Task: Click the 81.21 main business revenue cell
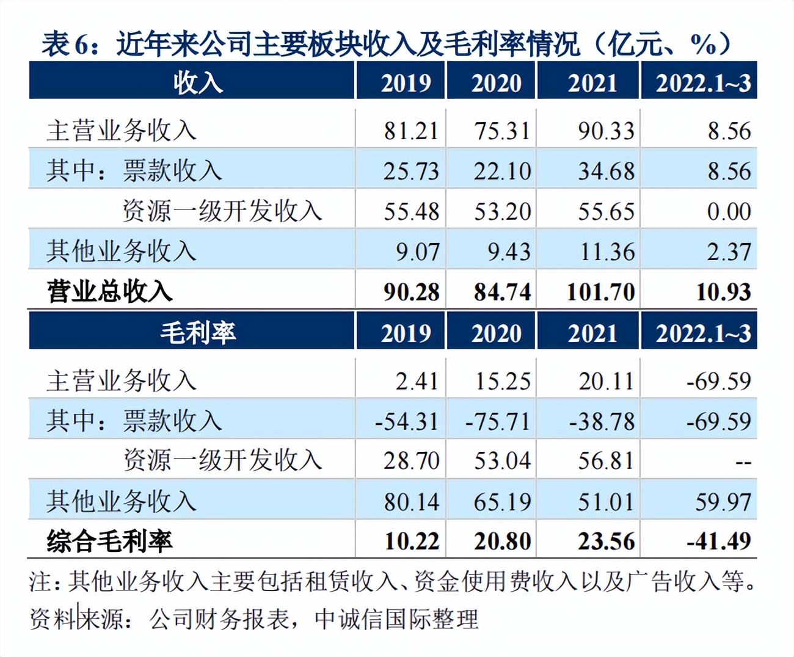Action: pyautogui.click(x=411, y=131)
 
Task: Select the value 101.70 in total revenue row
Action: pyautogui.click(x=600, y=292)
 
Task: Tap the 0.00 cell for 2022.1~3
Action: pyautogui.click(x=729, y=211)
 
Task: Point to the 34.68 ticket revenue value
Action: pyautogui.click(x=606, y=171)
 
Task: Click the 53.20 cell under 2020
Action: pyautogui.click(x=502, y=211)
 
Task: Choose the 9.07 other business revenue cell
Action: pyautogui.click(x=417, y=252)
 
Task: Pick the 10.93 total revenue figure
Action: pyautogui.click(x=723, y=292)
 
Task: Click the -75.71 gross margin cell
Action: pyautogui.click(x=497, y=421)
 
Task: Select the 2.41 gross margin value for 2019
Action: pyautogui.click(x=417, y=381)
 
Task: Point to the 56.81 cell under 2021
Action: pyautogui.click(x=606, y=460)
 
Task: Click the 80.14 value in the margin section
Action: pyautogui.click(x=411, y=502)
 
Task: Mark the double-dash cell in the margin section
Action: pyautogui.click(x=743, y=462)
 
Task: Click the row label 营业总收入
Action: pyautogui.click(x=110, y=292)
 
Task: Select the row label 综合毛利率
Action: pyautogui.click(x=110, y=541)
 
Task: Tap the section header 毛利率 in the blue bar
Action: pyautogui.click(x=197, y=333)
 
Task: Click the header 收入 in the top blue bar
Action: pyautogui.click(x=197, y=82)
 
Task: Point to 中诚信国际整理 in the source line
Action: pyautogui.click(x=396, y=619)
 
